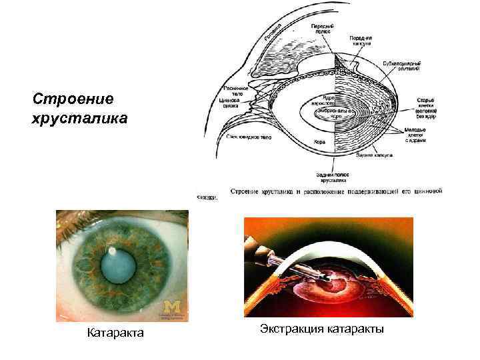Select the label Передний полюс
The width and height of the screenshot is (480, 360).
point(323,29)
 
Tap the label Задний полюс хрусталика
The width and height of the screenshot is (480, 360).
point(333,176)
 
